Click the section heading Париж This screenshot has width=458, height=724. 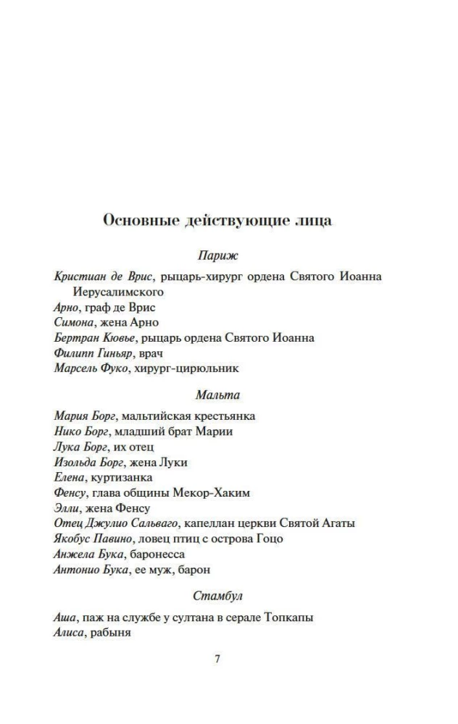pos(217,256)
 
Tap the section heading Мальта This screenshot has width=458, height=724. pos(217,395)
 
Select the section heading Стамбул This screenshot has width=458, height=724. pos(217,597)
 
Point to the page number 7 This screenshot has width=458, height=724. pos(217,659)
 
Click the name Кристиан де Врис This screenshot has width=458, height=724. pos(104,276)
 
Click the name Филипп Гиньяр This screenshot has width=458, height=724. pos(94,353)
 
